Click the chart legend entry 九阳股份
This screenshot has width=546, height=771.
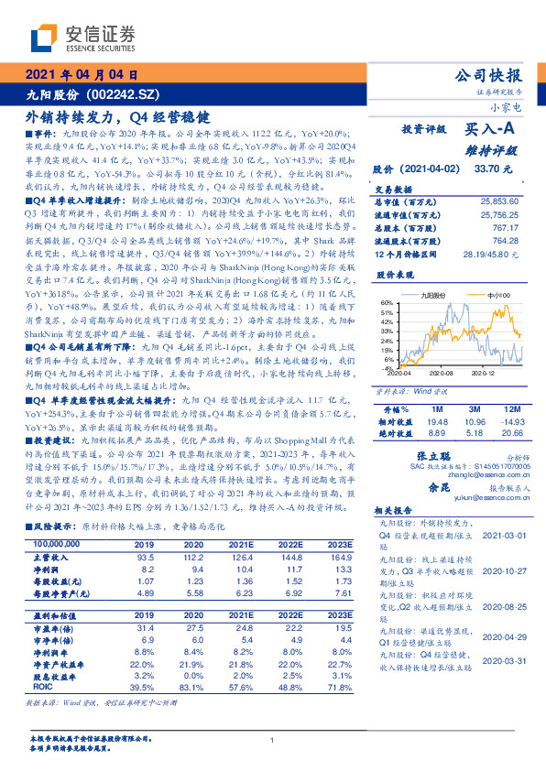pos(434,296)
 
